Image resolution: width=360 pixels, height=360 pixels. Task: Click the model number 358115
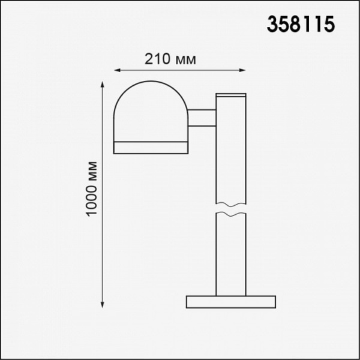coord(301,24)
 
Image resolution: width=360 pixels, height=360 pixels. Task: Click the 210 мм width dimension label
coord(170,59)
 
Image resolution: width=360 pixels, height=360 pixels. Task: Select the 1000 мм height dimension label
coord(92,189)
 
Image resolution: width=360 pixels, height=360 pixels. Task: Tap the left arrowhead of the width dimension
coord(117,70)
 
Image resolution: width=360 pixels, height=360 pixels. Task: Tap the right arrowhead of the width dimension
coord(242,70)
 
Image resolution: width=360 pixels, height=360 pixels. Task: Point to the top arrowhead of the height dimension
coord(103,84)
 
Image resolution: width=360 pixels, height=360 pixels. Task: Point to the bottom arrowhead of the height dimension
coord(103,304)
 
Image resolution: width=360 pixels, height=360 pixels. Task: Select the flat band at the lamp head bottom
coord(151,148)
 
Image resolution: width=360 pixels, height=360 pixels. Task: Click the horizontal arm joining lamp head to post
coord(202,118)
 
